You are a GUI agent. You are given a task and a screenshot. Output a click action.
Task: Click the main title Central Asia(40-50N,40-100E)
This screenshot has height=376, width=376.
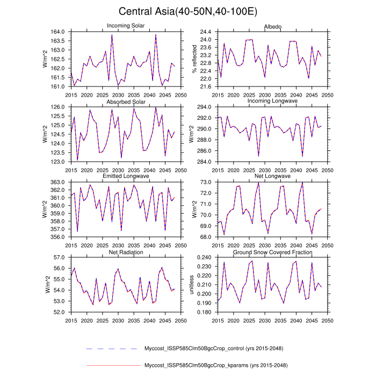187,11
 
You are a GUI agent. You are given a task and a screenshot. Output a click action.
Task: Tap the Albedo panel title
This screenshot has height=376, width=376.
272,26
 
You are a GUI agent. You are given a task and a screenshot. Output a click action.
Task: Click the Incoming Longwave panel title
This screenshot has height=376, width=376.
272,102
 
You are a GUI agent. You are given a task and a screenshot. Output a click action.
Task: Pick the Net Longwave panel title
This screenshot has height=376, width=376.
272,177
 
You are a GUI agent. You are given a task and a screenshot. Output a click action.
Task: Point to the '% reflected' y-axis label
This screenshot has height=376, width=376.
194,59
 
